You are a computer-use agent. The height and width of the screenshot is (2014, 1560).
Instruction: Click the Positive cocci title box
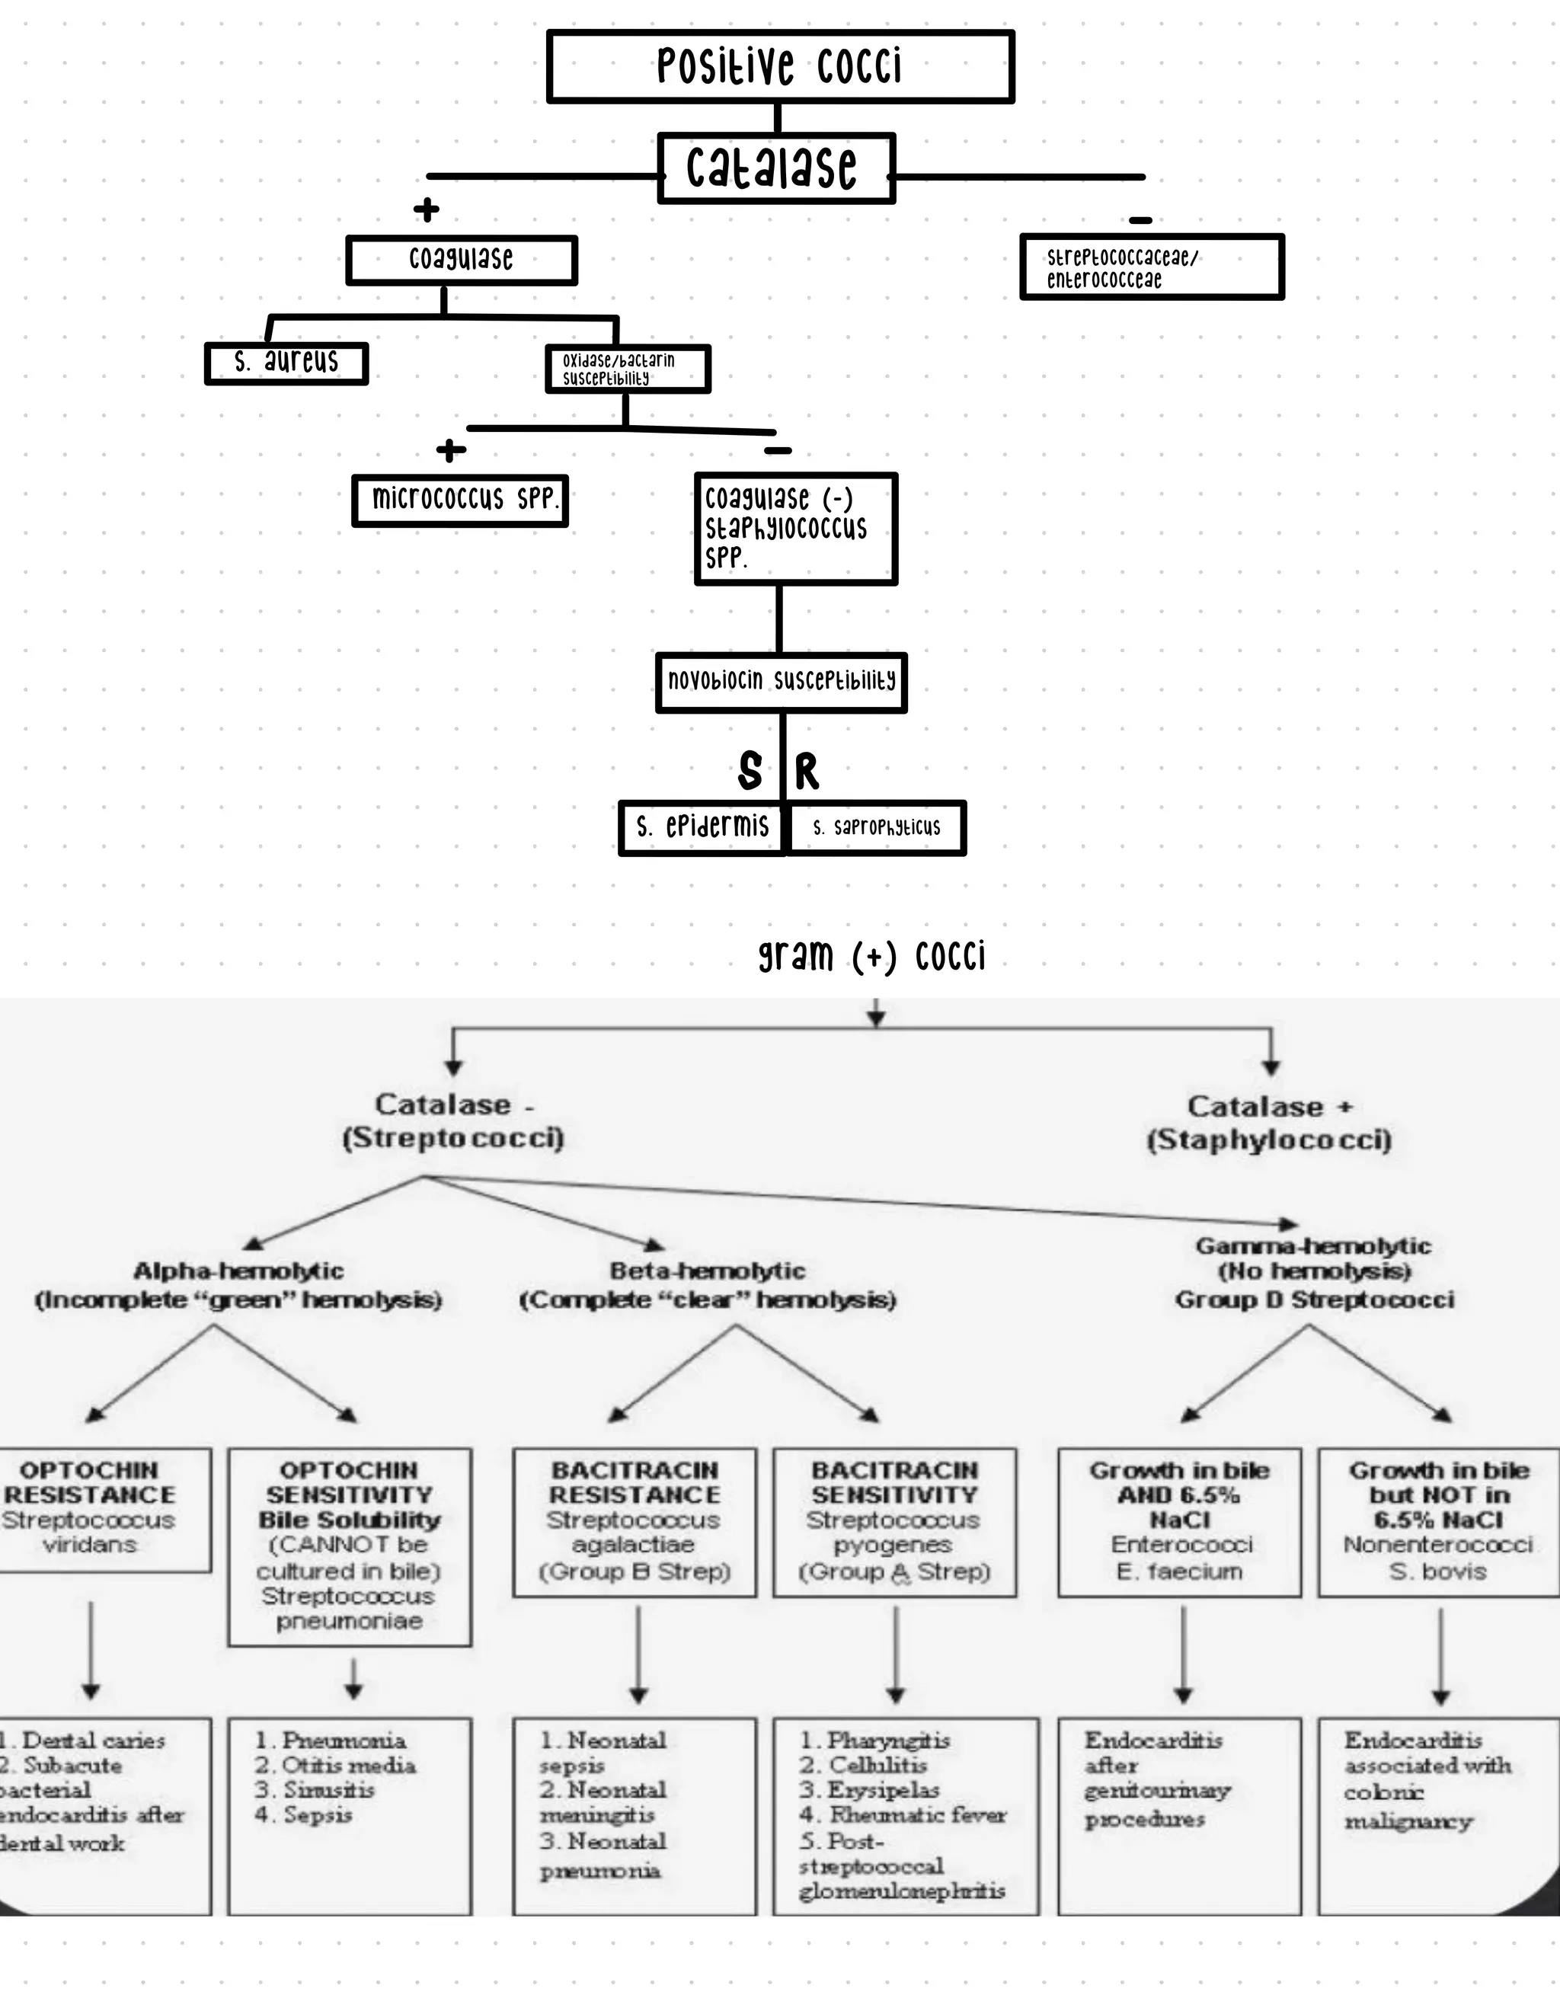[x=780, y=66]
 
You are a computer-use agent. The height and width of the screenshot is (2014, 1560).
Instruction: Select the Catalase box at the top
[x=775, y=168]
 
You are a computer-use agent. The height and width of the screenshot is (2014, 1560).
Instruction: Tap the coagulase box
[x=461, y=260]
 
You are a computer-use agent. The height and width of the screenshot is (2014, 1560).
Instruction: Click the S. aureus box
[x=286, y=363]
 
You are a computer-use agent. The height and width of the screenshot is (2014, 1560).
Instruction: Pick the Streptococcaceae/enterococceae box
[x=1152, y=267]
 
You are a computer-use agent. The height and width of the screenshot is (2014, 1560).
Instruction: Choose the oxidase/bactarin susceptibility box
[x=627, y=369]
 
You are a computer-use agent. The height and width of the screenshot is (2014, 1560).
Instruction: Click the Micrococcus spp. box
[x=460, y=500]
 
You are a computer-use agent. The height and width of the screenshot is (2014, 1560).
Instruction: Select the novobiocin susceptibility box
[x=781, y=683]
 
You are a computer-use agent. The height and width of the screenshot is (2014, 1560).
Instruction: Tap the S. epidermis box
[x=701, y=828]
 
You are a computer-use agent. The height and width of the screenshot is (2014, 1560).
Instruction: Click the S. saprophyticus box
[x=876, y=828]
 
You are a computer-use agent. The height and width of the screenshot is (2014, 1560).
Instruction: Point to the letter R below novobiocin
[x=807, y=771]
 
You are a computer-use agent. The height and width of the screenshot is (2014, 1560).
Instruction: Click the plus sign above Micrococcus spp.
[x=451, y=451]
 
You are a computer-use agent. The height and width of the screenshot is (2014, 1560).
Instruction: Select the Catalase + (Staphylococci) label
[x=1269, y=1124]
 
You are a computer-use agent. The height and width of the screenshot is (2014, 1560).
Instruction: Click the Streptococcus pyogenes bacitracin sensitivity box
[x=894, y=1522]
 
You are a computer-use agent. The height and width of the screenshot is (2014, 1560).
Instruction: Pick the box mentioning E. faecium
[x=1179, y=1522]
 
